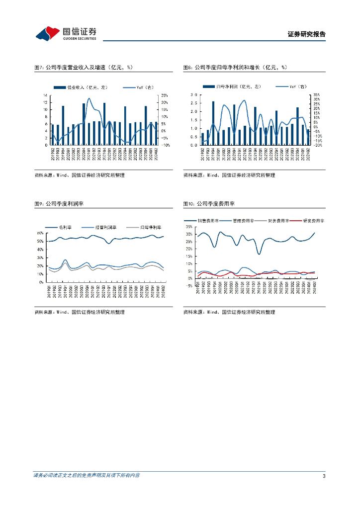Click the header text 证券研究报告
(x=306, y=34)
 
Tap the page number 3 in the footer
(x=324, y=476)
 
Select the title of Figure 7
(x=83, y=67)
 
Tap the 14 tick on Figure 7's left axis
(x=45, y=95)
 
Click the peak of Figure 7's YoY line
(x=89, y=98)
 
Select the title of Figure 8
(x=235, y=67)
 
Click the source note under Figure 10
(x=229, y=312)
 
